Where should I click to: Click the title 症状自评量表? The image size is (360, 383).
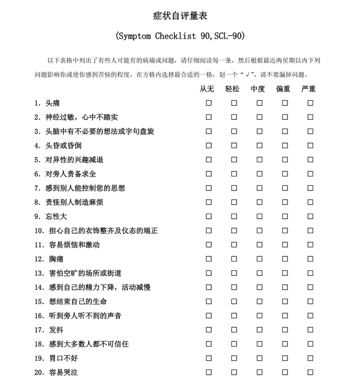(181, 16)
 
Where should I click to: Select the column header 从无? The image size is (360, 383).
(208, 89)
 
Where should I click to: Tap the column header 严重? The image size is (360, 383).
(310, 89)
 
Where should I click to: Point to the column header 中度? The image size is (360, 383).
(259, 89)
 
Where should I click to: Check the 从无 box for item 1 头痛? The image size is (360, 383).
(209, 103)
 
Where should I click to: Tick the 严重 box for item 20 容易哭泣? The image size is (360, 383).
(310, 372)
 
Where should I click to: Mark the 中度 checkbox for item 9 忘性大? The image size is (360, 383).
(259, 216)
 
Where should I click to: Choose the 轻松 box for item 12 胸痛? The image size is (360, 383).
(234, 259)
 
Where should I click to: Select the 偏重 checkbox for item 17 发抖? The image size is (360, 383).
(285, 330)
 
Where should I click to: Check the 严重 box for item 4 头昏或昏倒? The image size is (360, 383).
(310, 146)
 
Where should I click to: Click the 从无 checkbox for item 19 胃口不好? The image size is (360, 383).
(209, 358)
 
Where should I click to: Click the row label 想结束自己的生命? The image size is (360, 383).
(78, 302)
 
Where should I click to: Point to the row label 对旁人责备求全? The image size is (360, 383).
(70, 174)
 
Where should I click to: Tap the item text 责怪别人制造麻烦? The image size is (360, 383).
(74, 202)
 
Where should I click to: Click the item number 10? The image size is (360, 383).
(40, 231)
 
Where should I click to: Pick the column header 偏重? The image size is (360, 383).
(284, 89)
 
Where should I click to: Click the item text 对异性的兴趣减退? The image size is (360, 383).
(74, 160)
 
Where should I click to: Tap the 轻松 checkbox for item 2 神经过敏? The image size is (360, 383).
(234, 117)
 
